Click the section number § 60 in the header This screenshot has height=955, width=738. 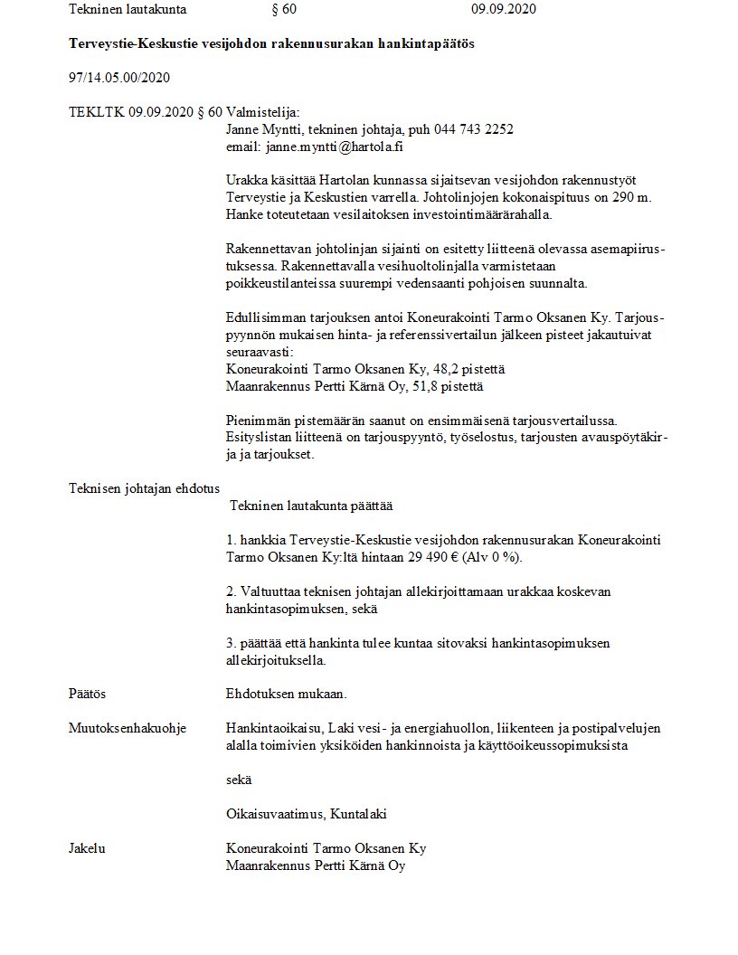click(284, 10)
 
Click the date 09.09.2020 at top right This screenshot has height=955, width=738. click(504, 10)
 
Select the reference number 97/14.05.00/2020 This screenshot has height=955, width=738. click(119, 78)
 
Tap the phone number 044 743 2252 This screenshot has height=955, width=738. click(473, 129)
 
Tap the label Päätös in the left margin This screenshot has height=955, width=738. click(87, 694)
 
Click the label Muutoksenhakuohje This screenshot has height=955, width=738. click(128, 728)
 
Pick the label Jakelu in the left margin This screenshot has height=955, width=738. click(87, 848)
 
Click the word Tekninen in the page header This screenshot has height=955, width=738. click(95, 10)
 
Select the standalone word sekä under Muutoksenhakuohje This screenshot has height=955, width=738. click(239, 780)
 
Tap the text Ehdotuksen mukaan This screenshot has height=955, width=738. click(286, 694)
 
